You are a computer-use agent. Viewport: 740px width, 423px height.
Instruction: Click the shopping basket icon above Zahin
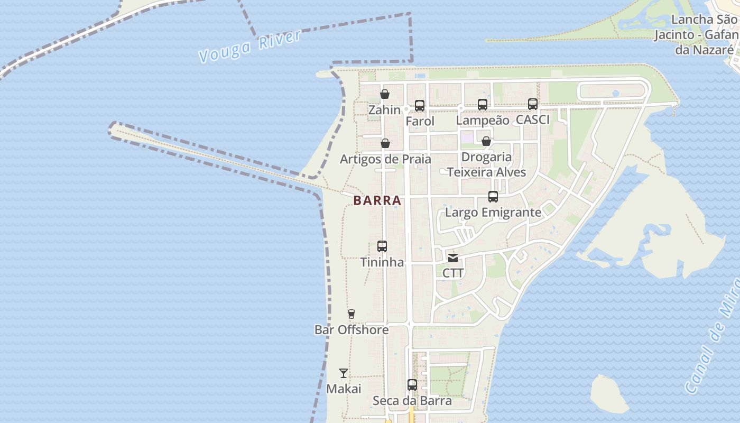pyautogui.click(x=385, y=95)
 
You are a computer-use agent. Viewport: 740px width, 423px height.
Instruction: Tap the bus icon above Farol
pyautogui.click(x=420, y=106)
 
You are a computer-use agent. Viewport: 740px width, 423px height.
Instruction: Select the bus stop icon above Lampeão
pyautogui.click(x=483, y=105)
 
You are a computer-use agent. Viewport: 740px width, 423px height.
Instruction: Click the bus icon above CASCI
pyautogui.click(x=533, y=104)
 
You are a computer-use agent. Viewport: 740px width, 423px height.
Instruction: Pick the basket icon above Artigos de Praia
pyautogui.click(x=385, y=143)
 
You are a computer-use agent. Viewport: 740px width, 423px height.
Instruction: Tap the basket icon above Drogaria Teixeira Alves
pyautogui.click(x=486, y=141)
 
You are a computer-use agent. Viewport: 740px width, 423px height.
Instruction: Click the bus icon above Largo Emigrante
pyautogui.click(x=493, y=197)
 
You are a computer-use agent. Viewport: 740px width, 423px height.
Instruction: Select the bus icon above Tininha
pyautogui.click(x=382, y=246)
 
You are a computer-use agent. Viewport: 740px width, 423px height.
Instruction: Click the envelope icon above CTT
pyautogui.click(x=453, y=258)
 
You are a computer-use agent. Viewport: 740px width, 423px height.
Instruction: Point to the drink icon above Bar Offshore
pyautogui.click(x=351, y=314)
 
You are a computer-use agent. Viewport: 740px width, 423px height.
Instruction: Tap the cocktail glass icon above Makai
pyautogui.click(x=344, y=373)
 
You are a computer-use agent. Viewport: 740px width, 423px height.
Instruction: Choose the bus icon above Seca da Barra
pyautogui.click(x=412, y=385)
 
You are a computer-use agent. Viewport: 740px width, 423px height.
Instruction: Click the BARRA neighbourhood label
pyautogui.click(x=377, y=201)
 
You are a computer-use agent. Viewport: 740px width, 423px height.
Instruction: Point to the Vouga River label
pyautogui.click(x=249, y=47)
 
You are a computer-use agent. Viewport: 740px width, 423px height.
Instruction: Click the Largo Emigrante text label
pyautogui.click(x=493, y=213)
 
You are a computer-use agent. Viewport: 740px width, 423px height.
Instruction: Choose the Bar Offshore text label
pyautogui.click(x=351, y=330)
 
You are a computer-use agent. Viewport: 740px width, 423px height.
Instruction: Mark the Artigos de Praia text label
pyautogui.click(x=385, y=159)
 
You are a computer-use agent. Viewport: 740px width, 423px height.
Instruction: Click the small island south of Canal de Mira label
pyautogui.click(x=609, y=394)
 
